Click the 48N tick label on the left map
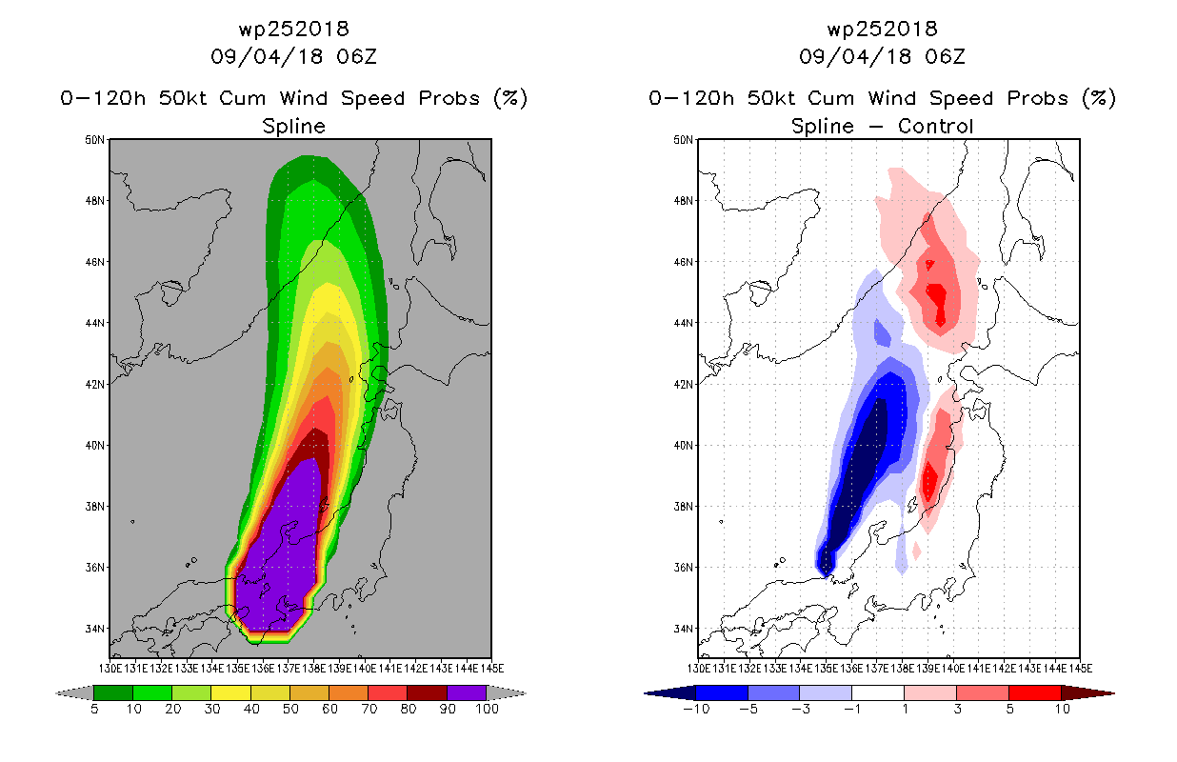click(x=94, y=201)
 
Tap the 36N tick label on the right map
click(x=683, y=568)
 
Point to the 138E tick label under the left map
click(x=313, y=669)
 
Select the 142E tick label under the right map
click(x=1004, y=669)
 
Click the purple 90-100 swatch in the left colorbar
click(x=467, y=692)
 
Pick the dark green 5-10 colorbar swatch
click(x=113, y=692)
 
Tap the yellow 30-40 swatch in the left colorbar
click(x=231, y=692)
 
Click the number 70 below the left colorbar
click(x=369, y=710)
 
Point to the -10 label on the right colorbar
click(x=696, y=710)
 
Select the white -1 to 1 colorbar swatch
click(x=878, y=692)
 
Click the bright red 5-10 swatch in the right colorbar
click(x=1034, y=692)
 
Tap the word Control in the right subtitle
click(x=936, y=127)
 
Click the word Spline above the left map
click(x=294, y=127)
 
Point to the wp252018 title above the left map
click(x=294, y=30)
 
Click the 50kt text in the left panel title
click(x=183, y=98)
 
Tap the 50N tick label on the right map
click(x=683, y=140)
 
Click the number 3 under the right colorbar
click(x=957, y=710)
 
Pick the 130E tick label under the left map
click(x=110, y=669)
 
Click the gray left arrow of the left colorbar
click(x=74, y=693)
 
